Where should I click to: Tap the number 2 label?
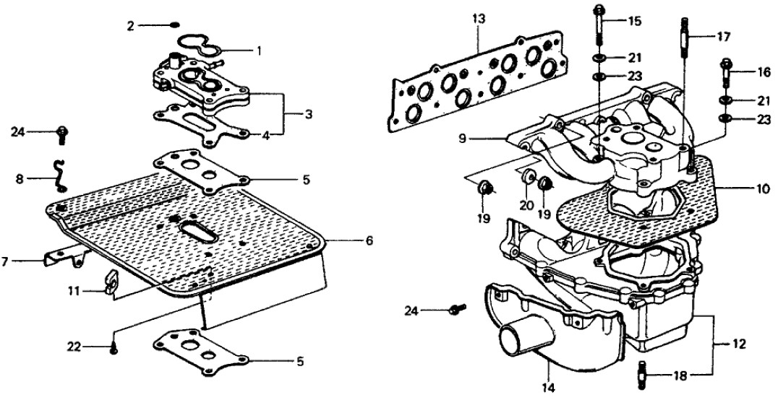coord(130,26)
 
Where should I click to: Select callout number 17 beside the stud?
coord(724,35)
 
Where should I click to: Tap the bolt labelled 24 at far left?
coord(62,132)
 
